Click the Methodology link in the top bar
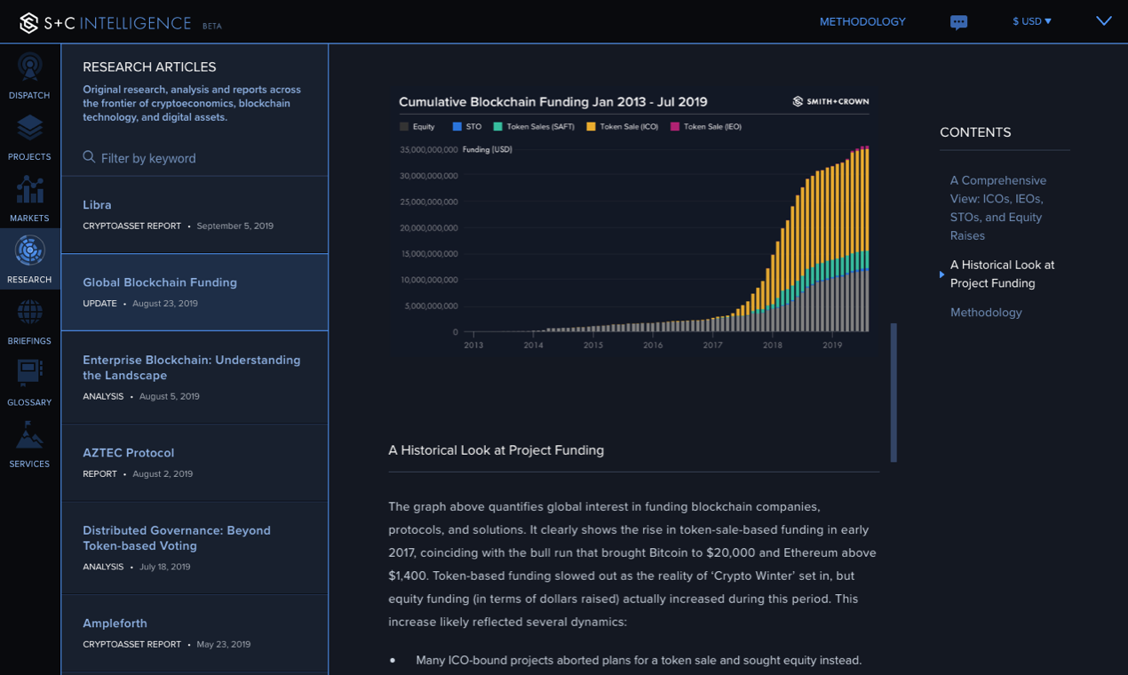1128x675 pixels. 862,21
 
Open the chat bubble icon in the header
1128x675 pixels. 958,22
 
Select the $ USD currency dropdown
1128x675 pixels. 1031,21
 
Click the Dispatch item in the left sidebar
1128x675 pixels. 29,75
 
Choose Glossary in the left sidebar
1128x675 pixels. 29,382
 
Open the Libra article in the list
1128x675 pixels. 97,204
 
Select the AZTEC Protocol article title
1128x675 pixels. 128,452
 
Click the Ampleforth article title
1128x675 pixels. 115,623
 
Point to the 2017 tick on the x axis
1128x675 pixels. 712,345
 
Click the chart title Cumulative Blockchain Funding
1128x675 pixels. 552,102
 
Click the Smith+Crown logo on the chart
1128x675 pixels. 830,101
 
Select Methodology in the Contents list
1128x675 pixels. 986,312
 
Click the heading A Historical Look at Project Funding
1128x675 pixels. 496,450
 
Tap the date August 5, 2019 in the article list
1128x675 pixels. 169,396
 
